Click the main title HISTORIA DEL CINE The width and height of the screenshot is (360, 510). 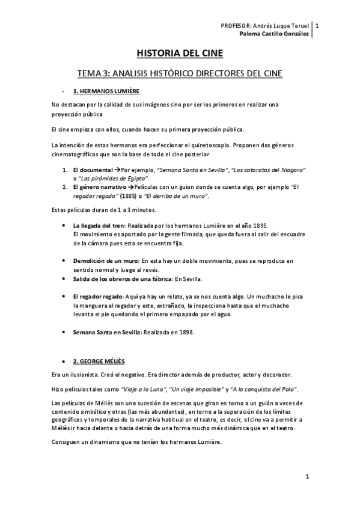[180, 54]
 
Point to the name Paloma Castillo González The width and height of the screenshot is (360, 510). [274, 34]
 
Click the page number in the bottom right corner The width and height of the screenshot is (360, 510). [307, 477]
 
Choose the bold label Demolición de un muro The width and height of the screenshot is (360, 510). [105, 261]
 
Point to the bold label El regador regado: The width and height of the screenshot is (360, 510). [98, 296]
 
